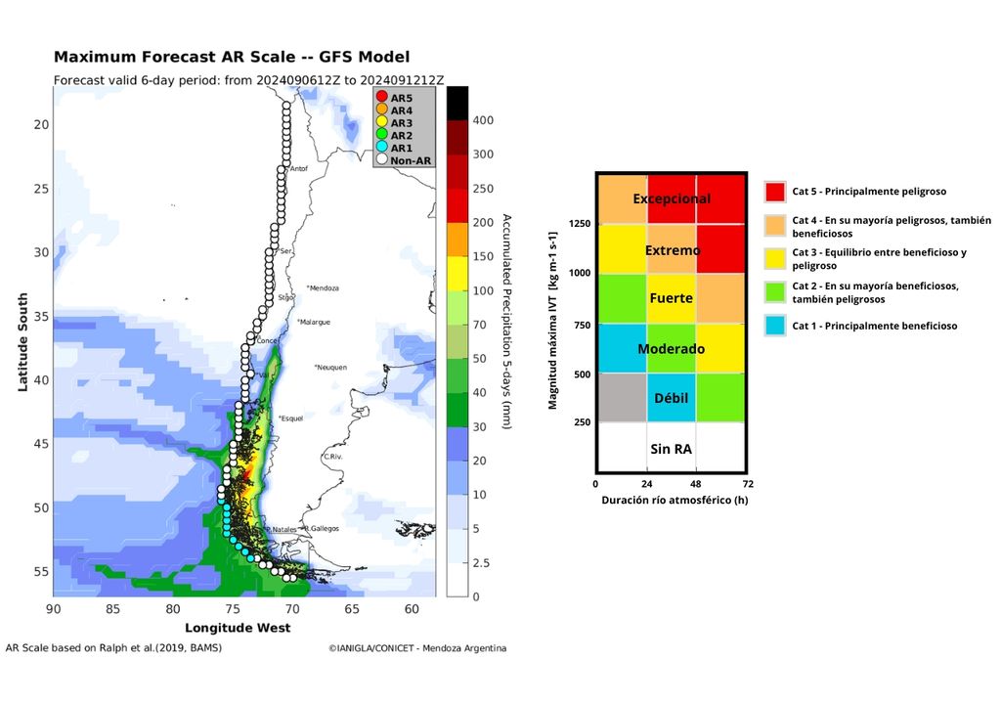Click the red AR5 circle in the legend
pyautogui.click(x=382, y=98)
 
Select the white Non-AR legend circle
pyautogui.click(x=382, y=159)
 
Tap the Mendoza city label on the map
pyautogui.click(x=323, y=288)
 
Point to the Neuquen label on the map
pyautogui.click(x=331, y=368)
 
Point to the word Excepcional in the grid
pyautogui.click(x=671, y=198)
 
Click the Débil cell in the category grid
pyautogui.click(x=671, y=398)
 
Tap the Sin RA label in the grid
pyautogui.click(x=671, y=449)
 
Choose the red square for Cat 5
pyautogui.click(x=775, y=192)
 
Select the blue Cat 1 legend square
pyautogui.click(x=775, y=326)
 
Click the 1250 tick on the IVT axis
pyautogui.click(x=580, y=224)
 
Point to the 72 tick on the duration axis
pyautogui.click(x=747, y=483)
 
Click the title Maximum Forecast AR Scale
pyautogui.click(x=232, y=57)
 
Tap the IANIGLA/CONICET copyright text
pyautogui.click(x=417, y=648)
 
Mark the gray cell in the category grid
pyautogui.click(x=622, y=398)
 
